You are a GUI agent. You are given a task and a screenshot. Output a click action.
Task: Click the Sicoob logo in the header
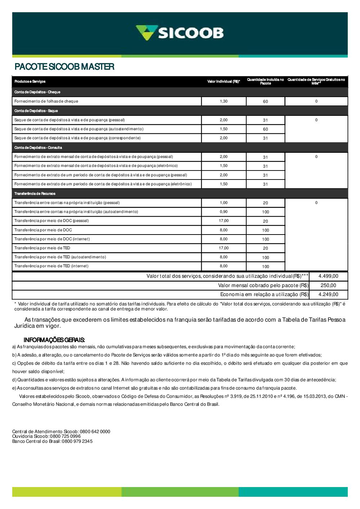[x=180, y=33]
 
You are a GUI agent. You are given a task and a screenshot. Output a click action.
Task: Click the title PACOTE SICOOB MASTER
[x=64, y=67]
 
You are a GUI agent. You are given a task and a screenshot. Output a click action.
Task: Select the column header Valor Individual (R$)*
[x=224, y=82]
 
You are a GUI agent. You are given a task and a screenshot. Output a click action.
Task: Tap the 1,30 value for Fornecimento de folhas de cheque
[x=224, y=101]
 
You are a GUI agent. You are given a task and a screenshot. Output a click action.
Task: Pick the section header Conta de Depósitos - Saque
[x=36, y=111]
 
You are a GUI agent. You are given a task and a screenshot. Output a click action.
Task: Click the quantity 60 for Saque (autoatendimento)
[x=265, y=129]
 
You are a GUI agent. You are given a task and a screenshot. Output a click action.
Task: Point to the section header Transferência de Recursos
[x=35, y=194]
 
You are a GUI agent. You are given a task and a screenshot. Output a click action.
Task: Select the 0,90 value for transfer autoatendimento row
[x=224, y=212]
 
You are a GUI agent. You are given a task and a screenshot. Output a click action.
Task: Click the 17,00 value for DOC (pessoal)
[x=224, y=221]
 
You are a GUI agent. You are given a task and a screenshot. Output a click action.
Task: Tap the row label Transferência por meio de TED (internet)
[x=51, y=266]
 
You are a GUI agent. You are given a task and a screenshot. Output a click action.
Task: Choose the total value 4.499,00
[x=328, y=276]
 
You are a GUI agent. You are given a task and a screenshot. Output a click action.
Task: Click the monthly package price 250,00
[x=328, y=286]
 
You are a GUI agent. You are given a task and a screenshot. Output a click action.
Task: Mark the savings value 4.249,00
[x=328, y=295]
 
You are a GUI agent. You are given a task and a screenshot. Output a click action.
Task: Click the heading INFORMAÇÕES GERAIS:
[x=54, y=340]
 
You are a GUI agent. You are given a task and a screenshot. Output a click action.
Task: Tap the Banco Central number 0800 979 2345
[x=77, y=441]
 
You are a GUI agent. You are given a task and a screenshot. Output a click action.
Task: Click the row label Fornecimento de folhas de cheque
[x=46, y=101]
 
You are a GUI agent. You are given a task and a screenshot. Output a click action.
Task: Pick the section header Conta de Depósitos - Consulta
[x=38, y=147]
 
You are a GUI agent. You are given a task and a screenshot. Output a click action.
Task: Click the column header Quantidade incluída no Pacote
[x=265, y=82]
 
